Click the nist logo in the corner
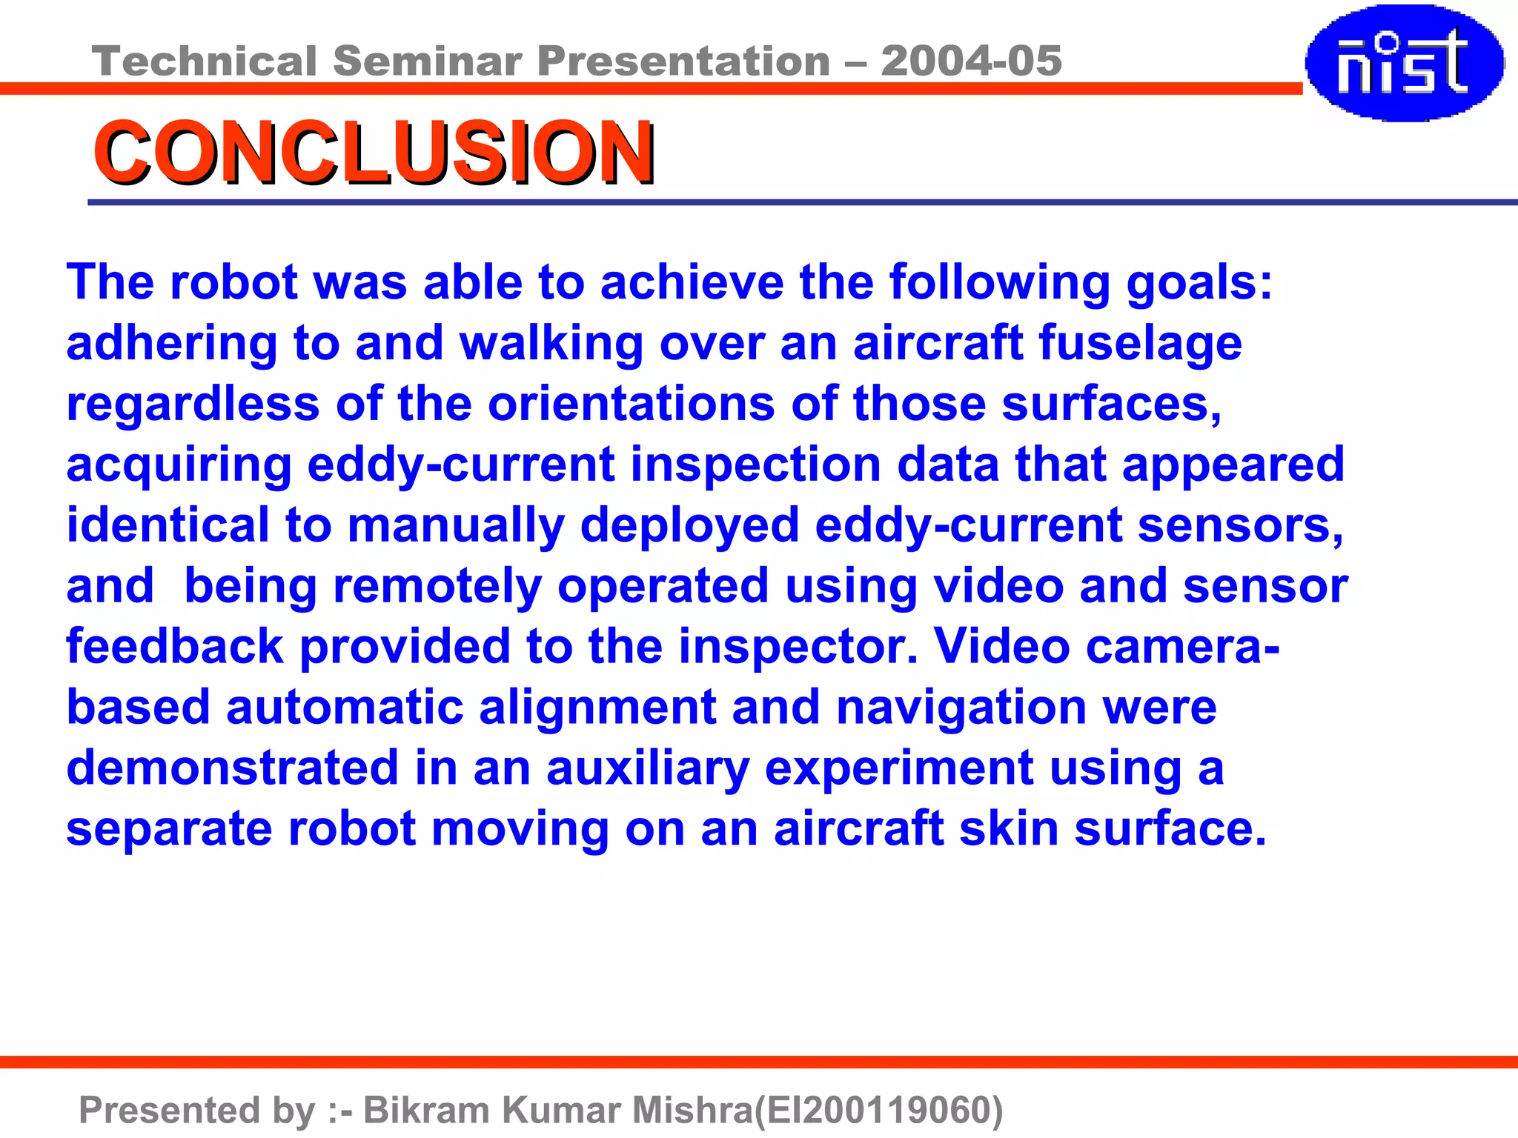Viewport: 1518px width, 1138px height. pyautogui.click(x=1405, y=63)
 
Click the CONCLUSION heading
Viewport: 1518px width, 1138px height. pyautogui.click(x=374, y=152)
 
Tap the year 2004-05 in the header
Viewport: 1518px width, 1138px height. pyautogui.click(x=971, y=61)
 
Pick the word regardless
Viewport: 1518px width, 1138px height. pyautogui.click(x=193, y=405)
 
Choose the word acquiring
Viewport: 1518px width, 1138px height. pyautogui.click(x=179, y=466)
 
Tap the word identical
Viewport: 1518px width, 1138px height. pyautogui.click(x=168, y=525)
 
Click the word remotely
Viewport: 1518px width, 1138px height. pyautogui.click(x=437, y=587)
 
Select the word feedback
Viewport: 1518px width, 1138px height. pyautogui.click(x=175, y=647)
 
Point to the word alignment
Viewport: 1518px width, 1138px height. pyautogui.click(x=597, y=708)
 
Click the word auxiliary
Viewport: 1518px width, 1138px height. pyautogui.click(x=648, y=768)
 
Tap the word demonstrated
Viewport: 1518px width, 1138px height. pyautogui.click(x=233, y=768)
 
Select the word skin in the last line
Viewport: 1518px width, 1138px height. pyautogui.click(x=1008, y=829)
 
